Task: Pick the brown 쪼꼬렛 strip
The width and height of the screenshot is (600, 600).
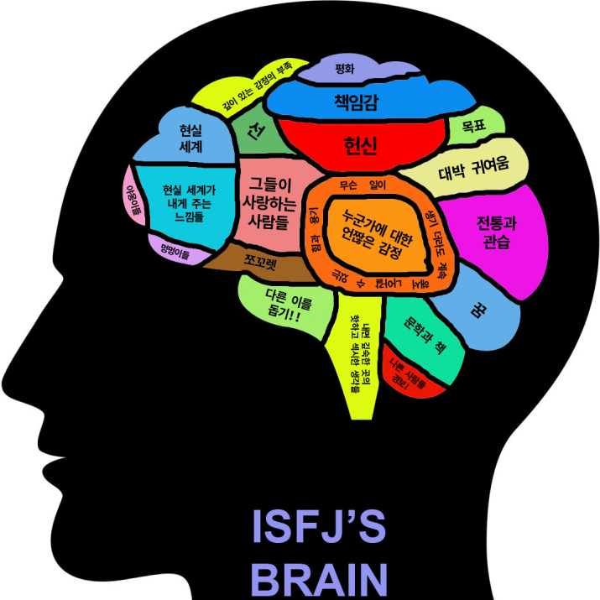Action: coord(260,263)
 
